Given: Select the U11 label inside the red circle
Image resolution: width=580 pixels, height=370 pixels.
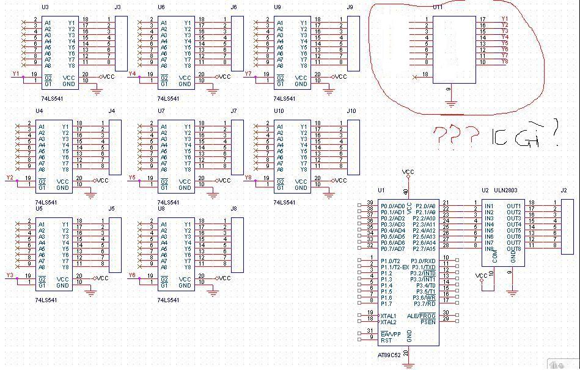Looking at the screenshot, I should (x=438, y=7).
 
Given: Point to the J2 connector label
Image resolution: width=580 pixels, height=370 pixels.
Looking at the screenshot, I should (x=564, y=190).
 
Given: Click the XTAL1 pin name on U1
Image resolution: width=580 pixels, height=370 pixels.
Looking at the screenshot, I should (x=389, y=316).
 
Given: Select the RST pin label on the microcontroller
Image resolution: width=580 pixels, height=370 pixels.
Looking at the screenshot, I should (x=386, y=339).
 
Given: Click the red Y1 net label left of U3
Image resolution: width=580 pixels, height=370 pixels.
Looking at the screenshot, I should (x=17, y=74).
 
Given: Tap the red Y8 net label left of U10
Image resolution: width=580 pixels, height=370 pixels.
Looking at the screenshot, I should (x=249, y=178).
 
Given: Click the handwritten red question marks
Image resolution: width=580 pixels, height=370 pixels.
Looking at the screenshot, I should (x=457, y=136).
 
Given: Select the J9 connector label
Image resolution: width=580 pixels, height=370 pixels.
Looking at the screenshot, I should (x=350, y=7).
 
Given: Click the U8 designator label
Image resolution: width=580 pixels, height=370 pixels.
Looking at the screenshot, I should (x=161, y=208).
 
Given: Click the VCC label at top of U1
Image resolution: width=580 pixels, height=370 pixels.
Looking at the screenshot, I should (x=408, y=173).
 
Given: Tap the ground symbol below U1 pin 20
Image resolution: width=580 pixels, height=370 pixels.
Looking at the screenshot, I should (x=408, y=365).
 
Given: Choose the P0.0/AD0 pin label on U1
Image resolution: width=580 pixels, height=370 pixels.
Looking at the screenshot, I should (x=392, y=206).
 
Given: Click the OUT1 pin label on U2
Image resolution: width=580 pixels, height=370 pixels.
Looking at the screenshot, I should (x=514, y=206).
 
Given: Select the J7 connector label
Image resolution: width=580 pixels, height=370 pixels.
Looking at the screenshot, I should (x=234, y=111).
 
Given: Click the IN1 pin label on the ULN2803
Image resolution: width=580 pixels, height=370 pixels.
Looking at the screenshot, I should (x=489, y=206).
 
